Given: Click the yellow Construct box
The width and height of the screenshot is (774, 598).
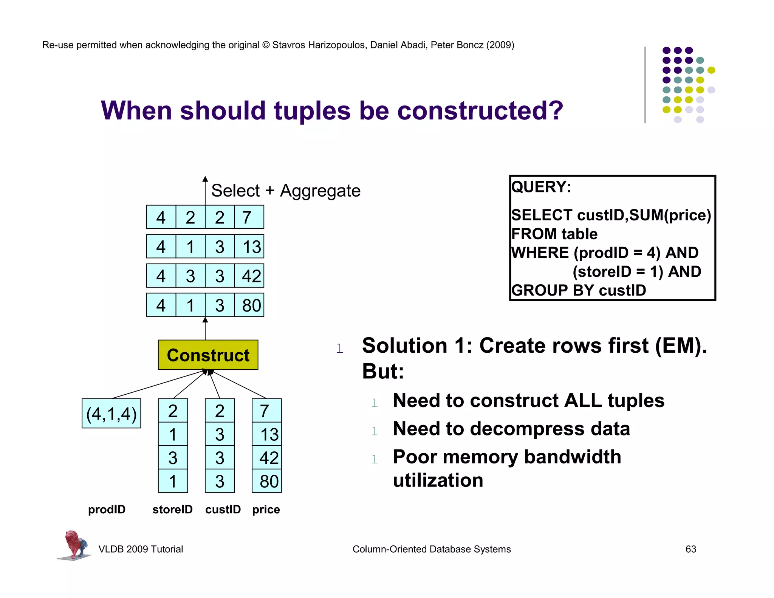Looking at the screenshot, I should (208, 355).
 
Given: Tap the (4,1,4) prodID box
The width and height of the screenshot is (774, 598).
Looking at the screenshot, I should (111, 413).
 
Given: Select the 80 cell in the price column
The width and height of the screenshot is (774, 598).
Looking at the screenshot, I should (267, 481).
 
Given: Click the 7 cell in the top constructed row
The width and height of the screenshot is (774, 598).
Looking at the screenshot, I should (248, 217).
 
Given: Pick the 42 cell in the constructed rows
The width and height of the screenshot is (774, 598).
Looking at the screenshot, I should (250, 276).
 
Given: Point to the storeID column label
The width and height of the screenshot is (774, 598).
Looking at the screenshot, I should (172, 509).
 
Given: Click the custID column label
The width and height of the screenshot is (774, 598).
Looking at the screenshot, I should (223, 509).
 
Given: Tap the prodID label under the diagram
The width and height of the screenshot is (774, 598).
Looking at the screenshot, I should (107, 509).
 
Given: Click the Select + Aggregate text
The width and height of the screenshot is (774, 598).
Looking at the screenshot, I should (286, 191).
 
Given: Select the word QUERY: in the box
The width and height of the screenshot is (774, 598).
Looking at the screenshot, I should (541, 187).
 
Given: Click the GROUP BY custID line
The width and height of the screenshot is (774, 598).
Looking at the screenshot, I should (578, 290).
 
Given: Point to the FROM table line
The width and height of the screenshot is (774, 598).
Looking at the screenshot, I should (554, 234).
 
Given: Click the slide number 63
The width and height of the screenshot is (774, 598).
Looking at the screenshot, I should (690, 549).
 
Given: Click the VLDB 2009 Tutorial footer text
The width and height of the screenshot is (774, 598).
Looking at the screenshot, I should (141, 549).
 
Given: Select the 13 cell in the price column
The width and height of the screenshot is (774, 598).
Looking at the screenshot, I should (267, 434).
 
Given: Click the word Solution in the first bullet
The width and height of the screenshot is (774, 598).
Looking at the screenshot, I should (404, 345).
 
